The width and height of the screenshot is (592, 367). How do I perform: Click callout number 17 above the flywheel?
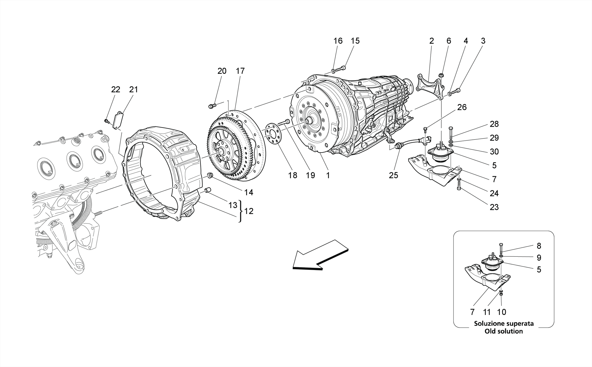pyautogui.click(x=240, y=71)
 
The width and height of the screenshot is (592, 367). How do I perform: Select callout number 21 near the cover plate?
pyautogui.click(x=134, y=89)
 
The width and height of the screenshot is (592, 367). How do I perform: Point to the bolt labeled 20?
pyautogui.click(x=212, y=106)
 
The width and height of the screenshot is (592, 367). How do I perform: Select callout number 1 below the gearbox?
pyautogui.click(x=328, y=175)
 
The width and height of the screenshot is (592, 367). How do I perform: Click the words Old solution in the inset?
pyautogui.click(x=504, y=331)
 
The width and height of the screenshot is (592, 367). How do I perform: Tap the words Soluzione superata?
pyautogui.click(x=504, y=323)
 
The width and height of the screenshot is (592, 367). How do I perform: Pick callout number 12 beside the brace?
pyautogui.click(x=249, y=211)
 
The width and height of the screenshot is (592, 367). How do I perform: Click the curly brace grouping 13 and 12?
pyautogui.click(x=240, y=211)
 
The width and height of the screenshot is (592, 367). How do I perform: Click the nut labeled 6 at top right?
pyautogui.click(x=441, y=76)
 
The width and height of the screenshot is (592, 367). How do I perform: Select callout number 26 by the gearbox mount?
pyautogui.click(x=462, y=107)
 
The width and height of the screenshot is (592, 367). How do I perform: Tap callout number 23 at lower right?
pyautogui.click(x=494, y=207)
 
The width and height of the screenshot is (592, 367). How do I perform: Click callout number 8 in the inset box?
pyautogui.click(x=539, y=246)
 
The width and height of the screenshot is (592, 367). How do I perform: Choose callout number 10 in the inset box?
pyautogui.click(x=502, y=312)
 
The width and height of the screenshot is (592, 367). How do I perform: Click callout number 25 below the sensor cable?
pyautogui.click(x=393, y=175)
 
